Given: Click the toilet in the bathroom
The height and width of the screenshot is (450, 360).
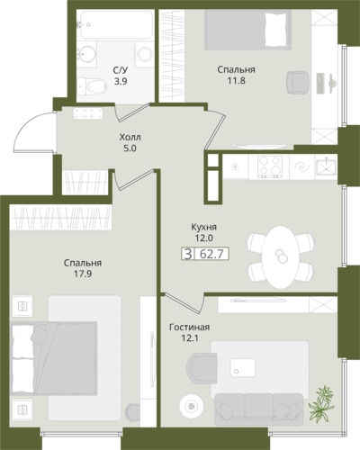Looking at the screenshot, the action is tap(93, 86).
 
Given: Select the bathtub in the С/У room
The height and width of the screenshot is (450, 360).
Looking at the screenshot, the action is tap(116, 25).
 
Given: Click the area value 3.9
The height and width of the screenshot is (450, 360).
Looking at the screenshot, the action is tap(121, 81).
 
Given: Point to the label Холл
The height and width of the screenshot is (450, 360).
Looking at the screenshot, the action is tap(130, 138).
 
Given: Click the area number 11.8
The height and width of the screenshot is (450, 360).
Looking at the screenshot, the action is tap(236, 80).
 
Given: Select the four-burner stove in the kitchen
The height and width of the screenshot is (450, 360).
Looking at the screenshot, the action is tap(270, 166).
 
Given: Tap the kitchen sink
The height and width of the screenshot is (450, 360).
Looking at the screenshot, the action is tap(326, 166).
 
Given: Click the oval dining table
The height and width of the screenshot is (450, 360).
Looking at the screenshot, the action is tap(280, 257).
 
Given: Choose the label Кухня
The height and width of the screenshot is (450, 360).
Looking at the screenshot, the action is tap(204, 227).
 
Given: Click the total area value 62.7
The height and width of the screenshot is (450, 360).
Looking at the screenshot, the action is tap(211, 254).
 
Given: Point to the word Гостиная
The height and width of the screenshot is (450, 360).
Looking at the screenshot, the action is tap(189, 327).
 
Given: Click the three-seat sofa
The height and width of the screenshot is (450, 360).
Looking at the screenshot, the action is tap(259, 409).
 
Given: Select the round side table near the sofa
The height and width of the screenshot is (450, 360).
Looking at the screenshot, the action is tap(191, 407).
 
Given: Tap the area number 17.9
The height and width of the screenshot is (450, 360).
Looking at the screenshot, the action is tap(83, 274).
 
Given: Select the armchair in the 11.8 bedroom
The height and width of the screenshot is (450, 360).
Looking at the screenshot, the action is tap(297, 82).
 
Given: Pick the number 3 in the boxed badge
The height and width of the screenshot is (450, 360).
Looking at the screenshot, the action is tap(188, 254).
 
